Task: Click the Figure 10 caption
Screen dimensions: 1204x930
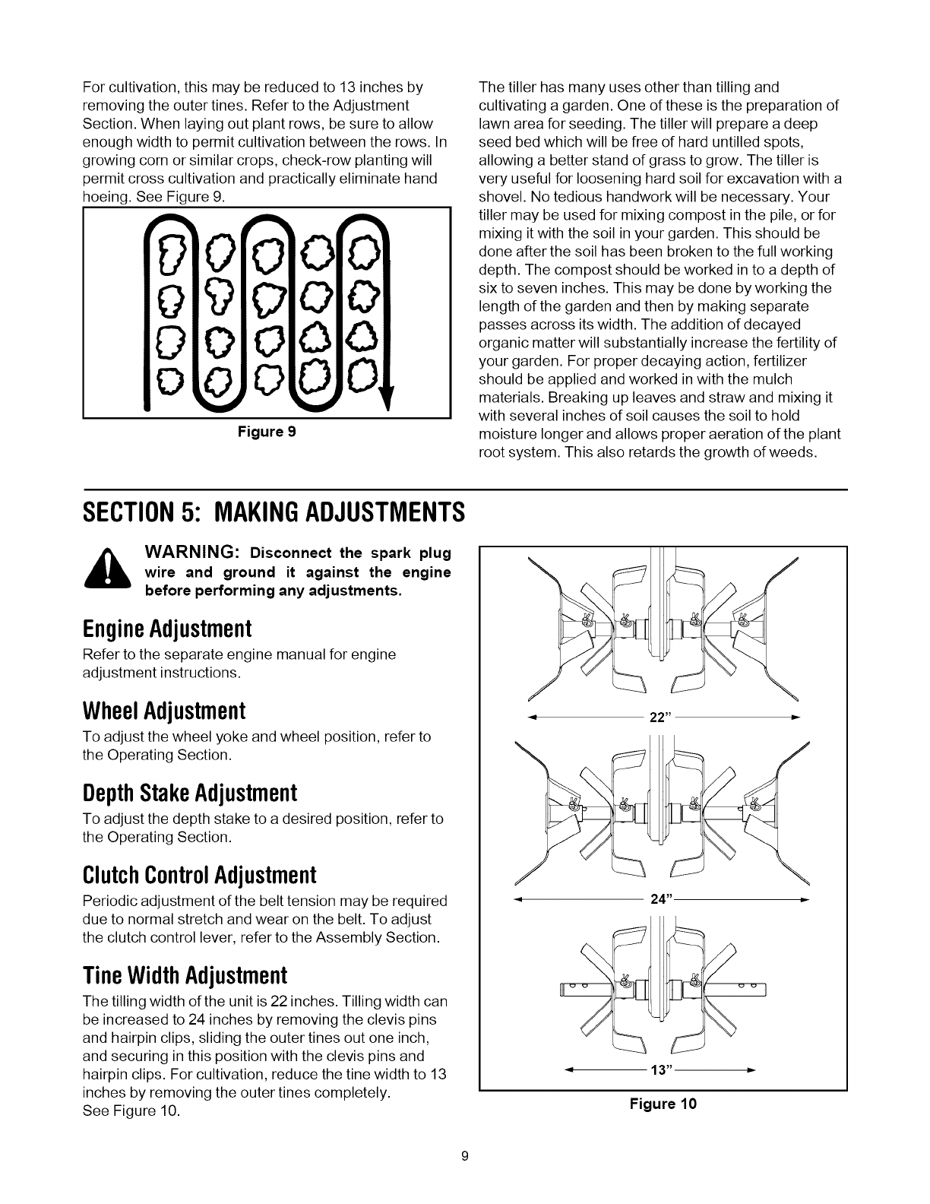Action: tap(663, 1104)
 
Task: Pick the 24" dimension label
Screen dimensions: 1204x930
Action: tap(659, 899)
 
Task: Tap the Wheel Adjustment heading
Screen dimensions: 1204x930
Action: tap(163, 711)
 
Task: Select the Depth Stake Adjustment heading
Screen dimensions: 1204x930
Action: tap(188, 794)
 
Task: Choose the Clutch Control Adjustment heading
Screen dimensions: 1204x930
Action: tap(198, 876)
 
